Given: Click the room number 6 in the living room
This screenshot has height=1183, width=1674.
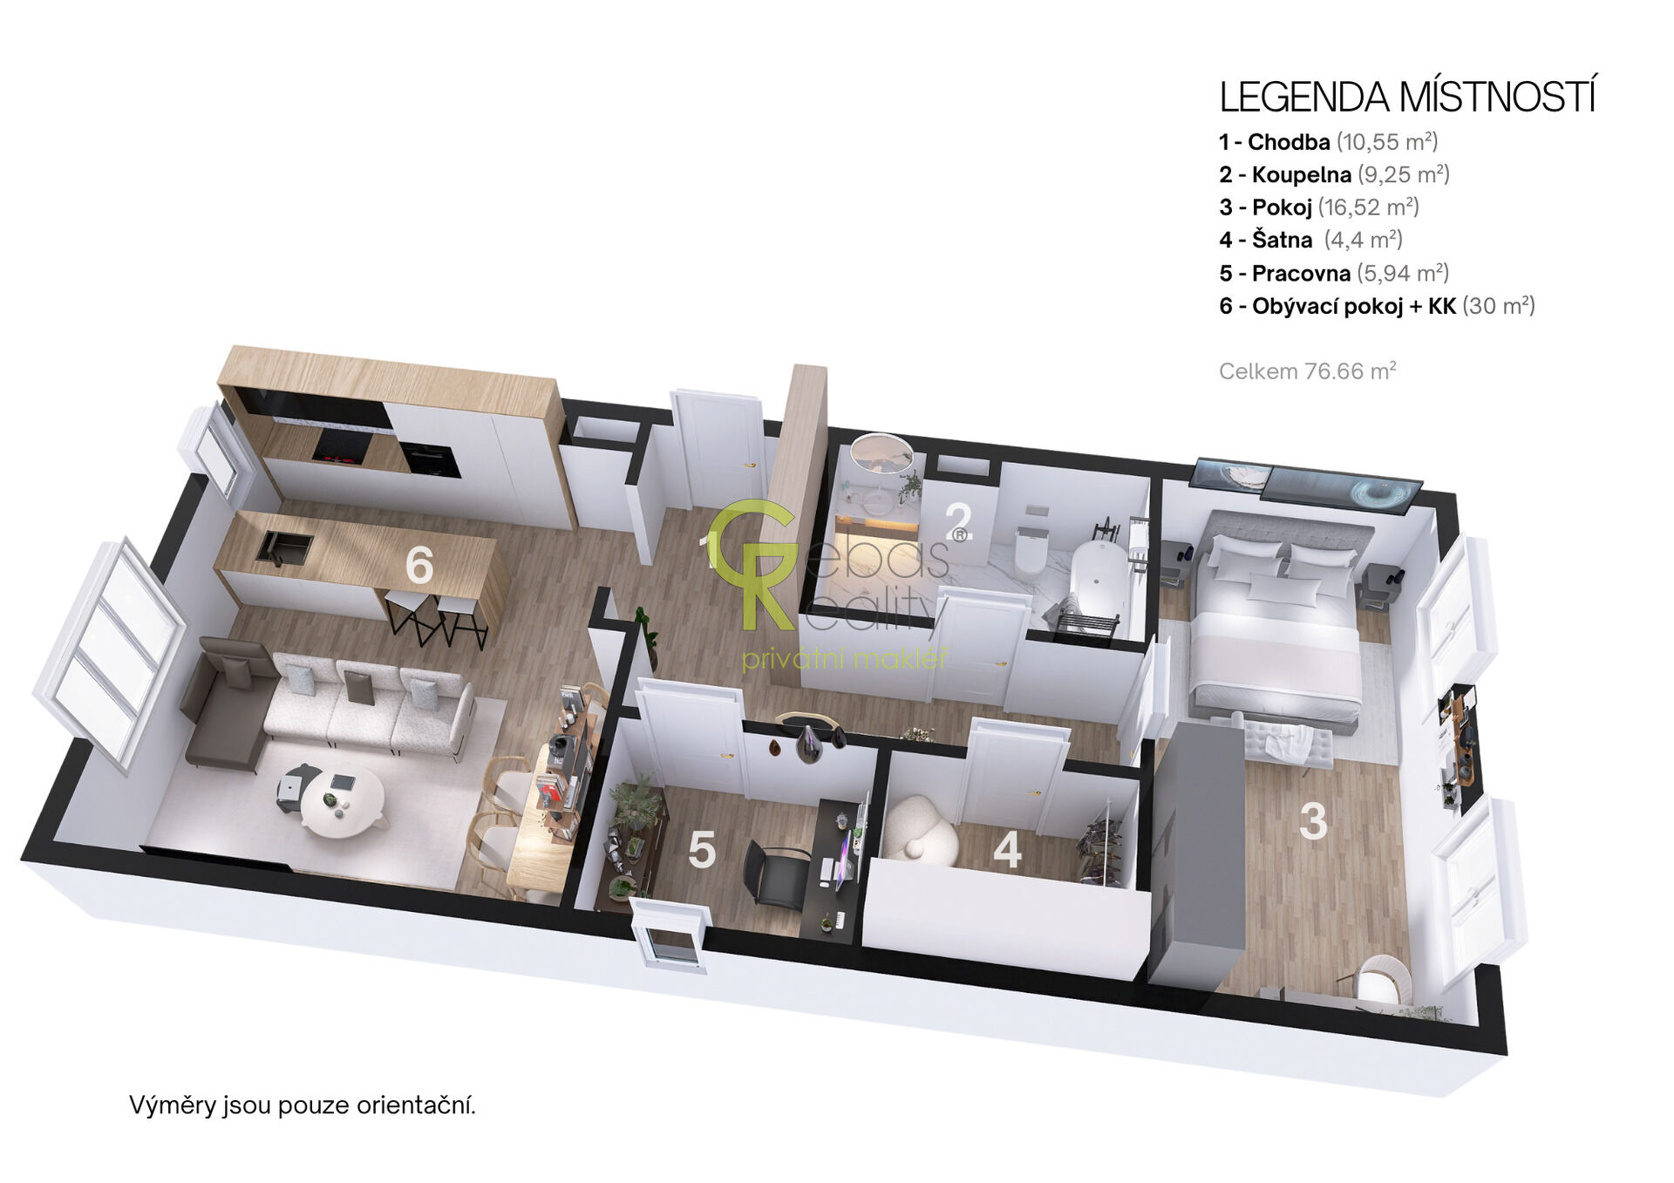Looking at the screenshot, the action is pos(419,565).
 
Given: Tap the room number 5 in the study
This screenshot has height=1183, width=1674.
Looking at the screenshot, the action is pos(702,850).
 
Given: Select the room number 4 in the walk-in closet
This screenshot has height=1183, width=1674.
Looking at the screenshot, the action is pos(1007,850).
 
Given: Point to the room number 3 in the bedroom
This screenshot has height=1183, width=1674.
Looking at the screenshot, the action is pos(1313,821).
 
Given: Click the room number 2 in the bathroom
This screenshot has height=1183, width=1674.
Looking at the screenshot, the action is pos(959,522).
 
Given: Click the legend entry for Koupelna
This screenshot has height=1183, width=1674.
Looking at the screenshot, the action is pos(1334,174).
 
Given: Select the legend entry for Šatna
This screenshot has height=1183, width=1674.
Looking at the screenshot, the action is pos(1310,240).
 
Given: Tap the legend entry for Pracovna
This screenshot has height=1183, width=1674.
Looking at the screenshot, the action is pos(1334,273).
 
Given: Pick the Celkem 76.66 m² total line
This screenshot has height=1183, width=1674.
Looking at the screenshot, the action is pos(1307,371).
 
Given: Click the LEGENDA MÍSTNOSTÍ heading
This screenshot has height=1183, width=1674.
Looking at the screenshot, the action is pos(1407,97).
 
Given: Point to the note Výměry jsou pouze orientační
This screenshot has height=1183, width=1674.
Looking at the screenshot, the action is pos(303,1105).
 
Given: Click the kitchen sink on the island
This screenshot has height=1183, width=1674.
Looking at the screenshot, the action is pos(284,547).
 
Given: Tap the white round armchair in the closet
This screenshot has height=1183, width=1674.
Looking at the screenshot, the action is pos(920,829).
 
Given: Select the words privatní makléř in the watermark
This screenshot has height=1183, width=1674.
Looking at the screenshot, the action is pos(844,658).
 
